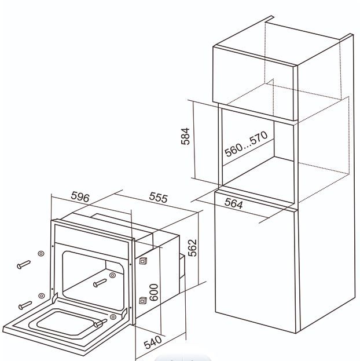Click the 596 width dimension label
click(x=80, y=196)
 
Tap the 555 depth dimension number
click(x=159, y=198)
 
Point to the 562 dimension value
click(x=193, y=248)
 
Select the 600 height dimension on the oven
click(x=154, y=292)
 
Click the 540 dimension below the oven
click(x=153, y=342)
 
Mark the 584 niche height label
click(x=185, y=136)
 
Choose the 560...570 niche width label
click(x=246, y=144)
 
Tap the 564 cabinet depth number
click(x=233, y=203)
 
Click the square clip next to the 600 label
click(x=143, y=301)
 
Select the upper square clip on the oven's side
click(x=143, y=261)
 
